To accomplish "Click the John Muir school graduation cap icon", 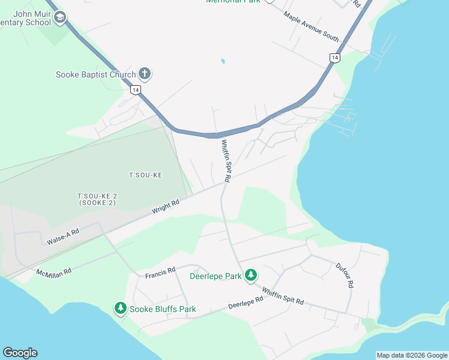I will (x=59, y=17).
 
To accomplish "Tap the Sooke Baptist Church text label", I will (x=95, y=75).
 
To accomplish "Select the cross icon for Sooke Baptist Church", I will (x=144, y=74).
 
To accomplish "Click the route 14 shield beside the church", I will (x=136, y=89).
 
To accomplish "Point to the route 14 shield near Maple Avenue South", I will (x=334, y=58).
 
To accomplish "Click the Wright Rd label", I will (x=166, y=207).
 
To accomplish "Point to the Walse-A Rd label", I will (x=63, y=235).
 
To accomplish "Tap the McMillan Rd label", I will (x=54, y=272).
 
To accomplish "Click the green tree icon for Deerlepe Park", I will (x=250, y=275).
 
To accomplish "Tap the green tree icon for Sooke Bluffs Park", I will (x=121, y=308).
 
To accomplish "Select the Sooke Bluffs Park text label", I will (x=163, y=310).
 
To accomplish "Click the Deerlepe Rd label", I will (x=246, y=303).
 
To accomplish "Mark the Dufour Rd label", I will (x=343, y=275).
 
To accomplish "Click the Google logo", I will (x=20, y=353).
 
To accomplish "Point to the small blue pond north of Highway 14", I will (x=223, y=61).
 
